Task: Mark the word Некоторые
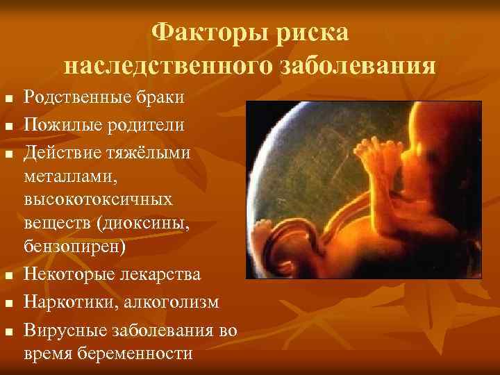click(x=68, y=274)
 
